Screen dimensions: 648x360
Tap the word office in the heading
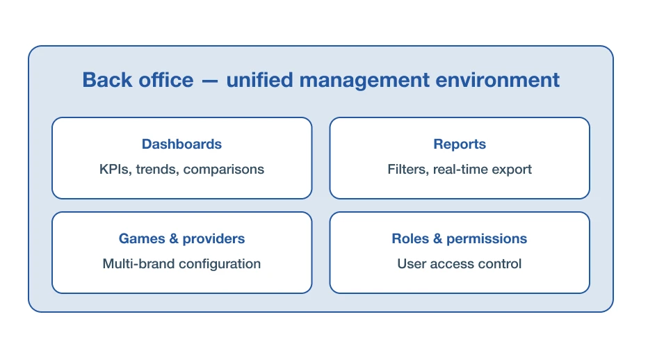pos(165,80)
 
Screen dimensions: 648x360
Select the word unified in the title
pos(259,80)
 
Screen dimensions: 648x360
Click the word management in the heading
pos(364,81)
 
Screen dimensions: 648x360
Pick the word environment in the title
pos(498,80)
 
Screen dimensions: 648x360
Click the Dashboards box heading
pos(182,144)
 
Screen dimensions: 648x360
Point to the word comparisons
pos(224,170)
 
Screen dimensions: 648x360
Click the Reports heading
pos(460,145)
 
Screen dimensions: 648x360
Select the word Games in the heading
pos(142,238)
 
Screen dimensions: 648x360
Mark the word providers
pos(213,239)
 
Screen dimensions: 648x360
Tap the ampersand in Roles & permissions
pos(437,238)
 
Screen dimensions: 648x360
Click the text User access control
pos(460,263)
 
